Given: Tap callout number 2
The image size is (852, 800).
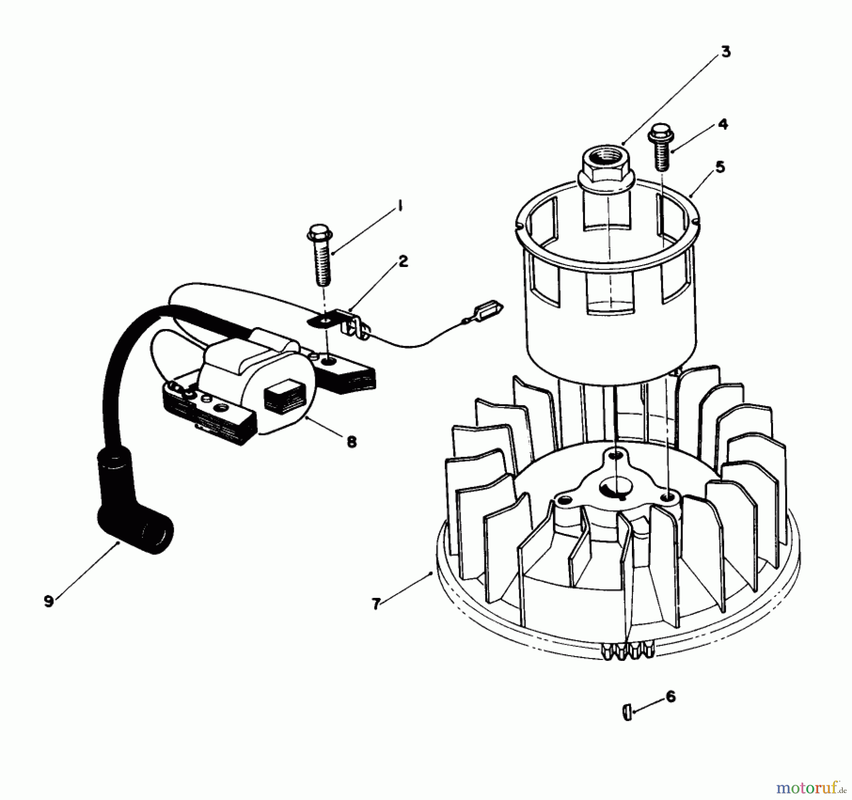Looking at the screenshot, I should [403, 261].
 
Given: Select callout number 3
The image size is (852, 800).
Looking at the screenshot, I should [726, 52].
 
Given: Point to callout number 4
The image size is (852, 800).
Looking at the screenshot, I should [723, 124].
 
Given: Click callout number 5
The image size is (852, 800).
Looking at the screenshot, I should [720, 167].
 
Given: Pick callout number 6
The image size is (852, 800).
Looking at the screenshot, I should [670, 697].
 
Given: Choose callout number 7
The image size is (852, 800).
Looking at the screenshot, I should [376, 604].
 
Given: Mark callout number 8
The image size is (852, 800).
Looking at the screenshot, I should [351, 442].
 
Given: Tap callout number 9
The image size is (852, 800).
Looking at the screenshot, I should [48, 602].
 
